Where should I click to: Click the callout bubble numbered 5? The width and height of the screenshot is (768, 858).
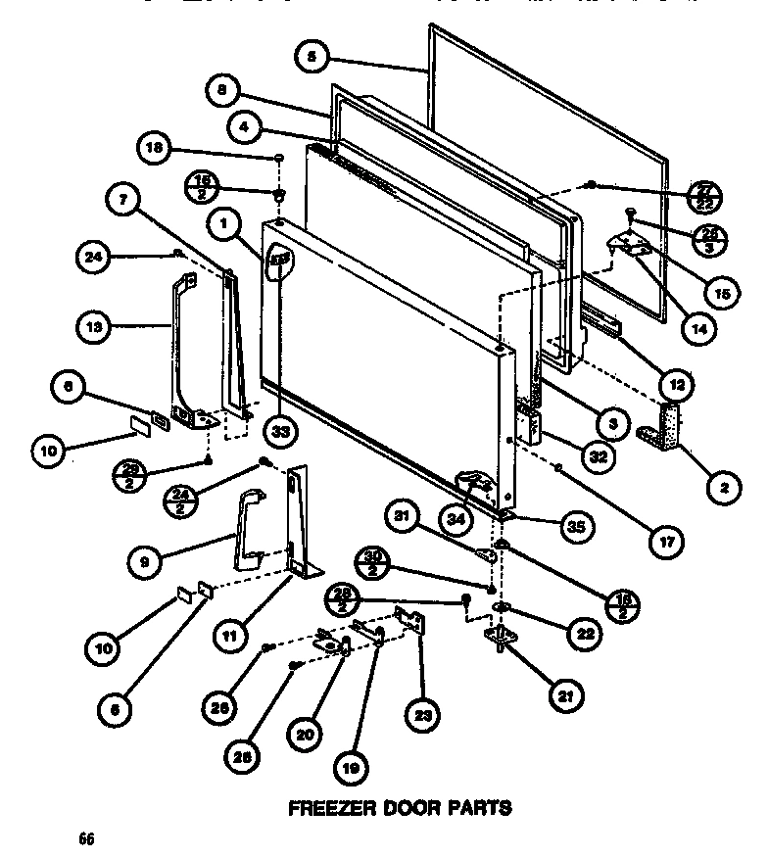pyautogui.click(x=312, y=58)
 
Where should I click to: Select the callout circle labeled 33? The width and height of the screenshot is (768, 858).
pyautogui.click(x=281, y=429)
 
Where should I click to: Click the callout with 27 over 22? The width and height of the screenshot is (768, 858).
pyautogui.click(x=701, y=194)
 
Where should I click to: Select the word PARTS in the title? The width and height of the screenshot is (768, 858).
pyautogui.click(x=479, y=808)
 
